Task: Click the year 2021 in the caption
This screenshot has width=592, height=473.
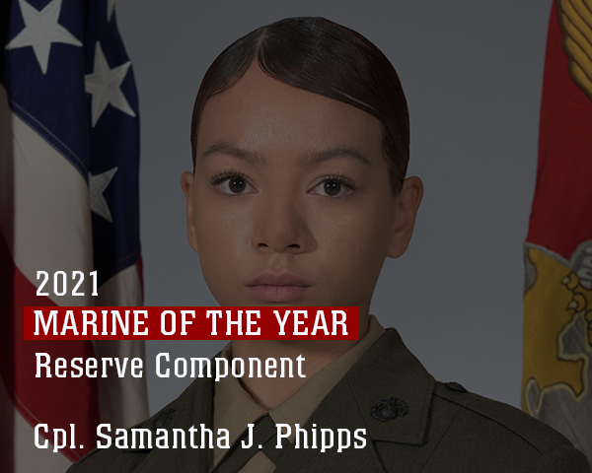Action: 67,284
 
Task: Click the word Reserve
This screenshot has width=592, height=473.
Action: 89,366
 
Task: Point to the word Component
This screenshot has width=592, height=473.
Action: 230,367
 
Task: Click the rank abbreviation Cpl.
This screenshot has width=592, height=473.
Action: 59,437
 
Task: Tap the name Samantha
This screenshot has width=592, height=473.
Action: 163,436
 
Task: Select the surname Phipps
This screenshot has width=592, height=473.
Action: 321,438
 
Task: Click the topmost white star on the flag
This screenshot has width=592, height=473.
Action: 42,31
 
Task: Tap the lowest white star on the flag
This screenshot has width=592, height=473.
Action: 102,193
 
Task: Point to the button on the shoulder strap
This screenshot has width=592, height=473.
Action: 455,386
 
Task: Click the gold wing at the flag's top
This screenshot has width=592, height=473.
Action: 575,37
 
